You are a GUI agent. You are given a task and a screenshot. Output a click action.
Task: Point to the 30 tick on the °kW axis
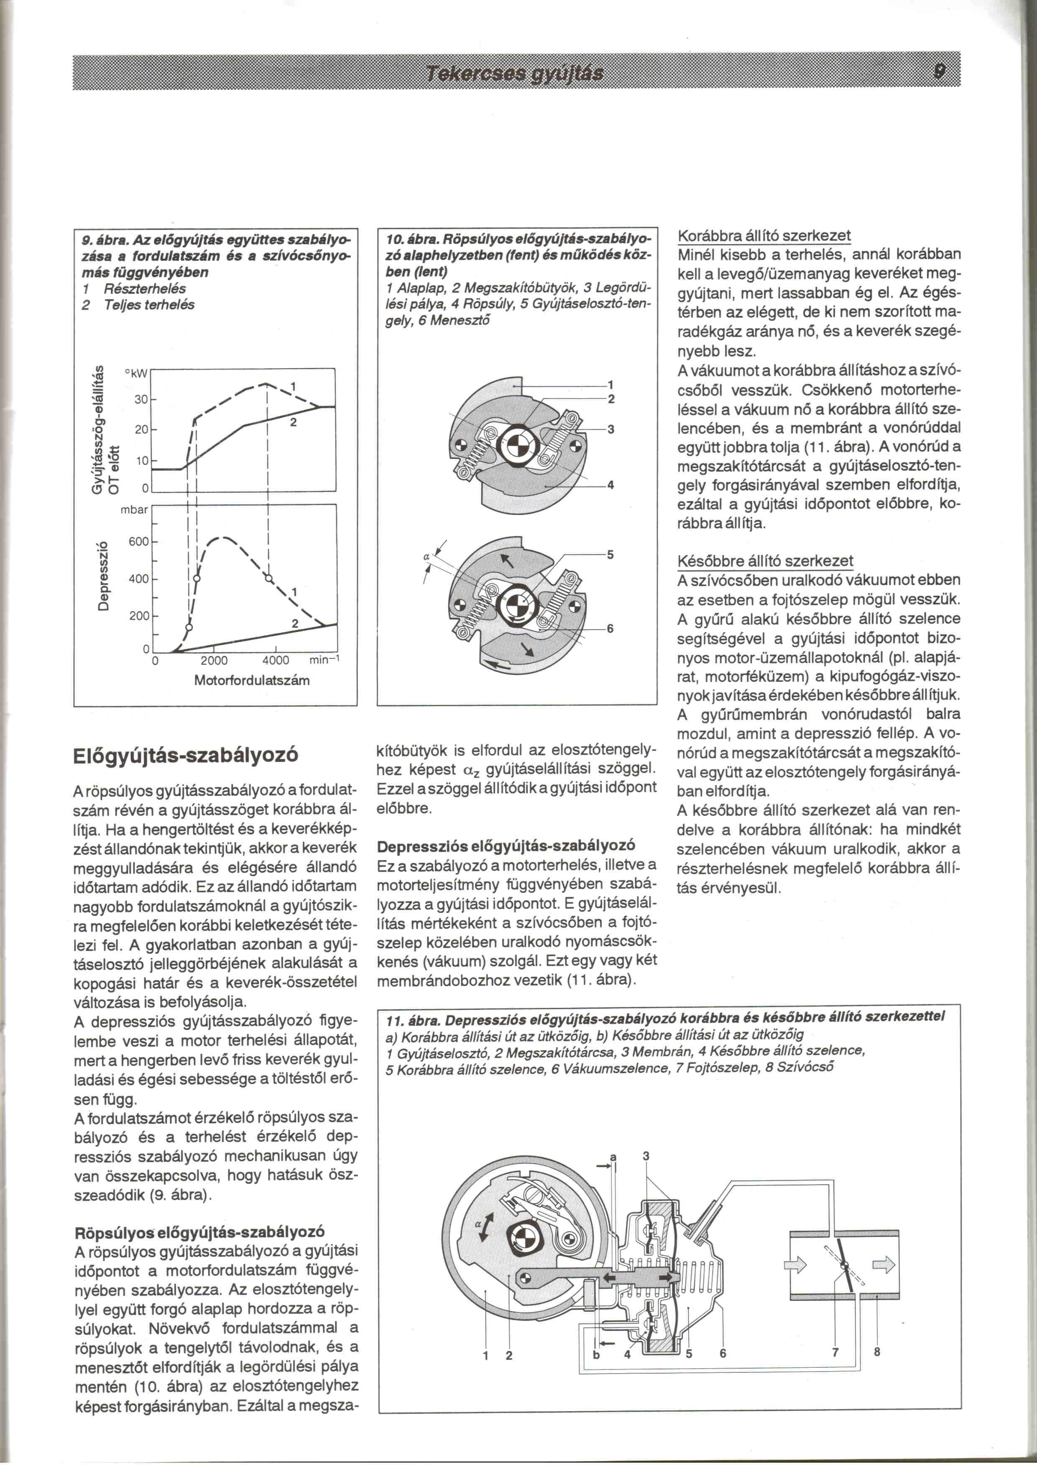pyautogui.click(x=141, y=399)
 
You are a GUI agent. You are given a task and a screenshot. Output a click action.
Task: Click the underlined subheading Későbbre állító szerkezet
pyautogui.click(x=765, y=561)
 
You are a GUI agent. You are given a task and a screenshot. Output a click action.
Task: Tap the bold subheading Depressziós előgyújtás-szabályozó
pyautogui.click(x=506, y=846)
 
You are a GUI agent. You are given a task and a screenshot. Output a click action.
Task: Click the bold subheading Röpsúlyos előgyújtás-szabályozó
pyautogui.click(x=199, y=1231)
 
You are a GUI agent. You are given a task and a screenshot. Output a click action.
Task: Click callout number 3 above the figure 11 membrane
pyautogui.click(x=646, y=1156)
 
